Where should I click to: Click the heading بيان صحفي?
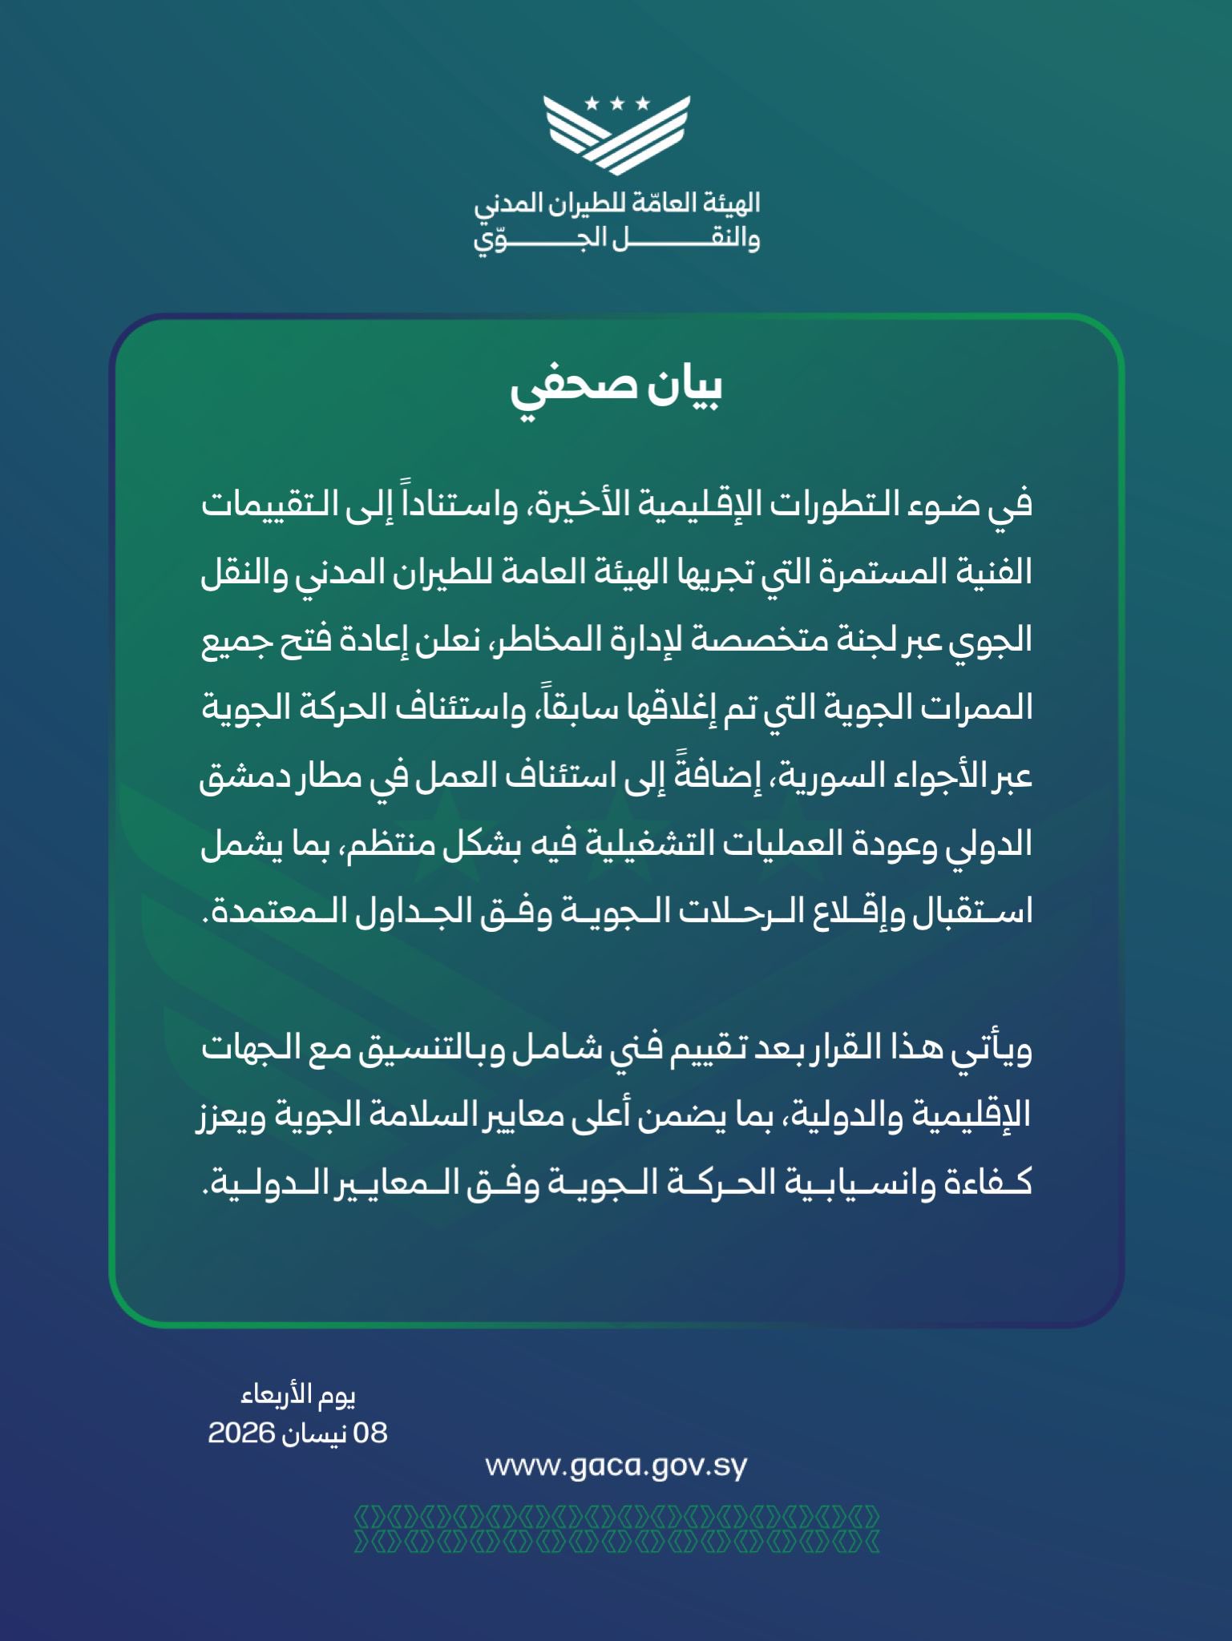tap(616, 388)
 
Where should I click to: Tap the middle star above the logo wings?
tap(616, 103)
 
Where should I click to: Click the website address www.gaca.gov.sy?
tap(616, 1466)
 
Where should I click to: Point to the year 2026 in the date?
tap(241, 1433)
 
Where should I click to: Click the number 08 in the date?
tap(370, 1433)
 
